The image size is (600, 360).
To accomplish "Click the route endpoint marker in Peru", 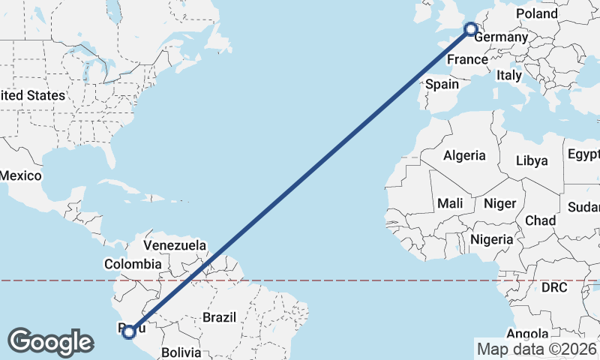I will pyautogui.click(x=129, y=331).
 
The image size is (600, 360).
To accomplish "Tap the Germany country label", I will pyautogui.click(x=502, y=38).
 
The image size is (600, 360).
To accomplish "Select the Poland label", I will pyautogui.click(x=537, y=13).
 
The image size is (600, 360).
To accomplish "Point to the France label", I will pyautogui.click(x=467, y=59).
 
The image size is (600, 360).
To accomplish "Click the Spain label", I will pyautogui.click(x=442, y=84).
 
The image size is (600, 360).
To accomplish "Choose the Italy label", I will pyautogui.click(x=509, y=76).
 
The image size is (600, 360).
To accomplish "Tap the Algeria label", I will pyautogui.click(x=464, y=156).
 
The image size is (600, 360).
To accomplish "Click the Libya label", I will pyautogui.click(x=532, y=160).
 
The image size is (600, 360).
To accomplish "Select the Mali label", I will pyautogui.click(x=450, y=203).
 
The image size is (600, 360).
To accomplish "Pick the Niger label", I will pyautogui.click(x=500, y=203).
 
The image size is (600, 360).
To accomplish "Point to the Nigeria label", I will pyautogui.click(x=492, y=240).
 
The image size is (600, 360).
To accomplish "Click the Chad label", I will pyautogui.click(x=541, y=220).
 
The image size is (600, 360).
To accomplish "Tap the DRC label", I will pyautogui.click(x=555, y=287).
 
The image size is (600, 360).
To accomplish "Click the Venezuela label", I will pyautogui.click(x=175, y=245).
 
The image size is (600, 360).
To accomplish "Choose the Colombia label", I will pyautogui.click(x=133, y=264).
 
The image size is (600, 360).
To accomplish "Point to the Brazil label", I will pyautogui.click(x=219, y=317).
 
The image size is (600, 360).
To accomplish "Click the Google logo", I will pyautogui.click(x=50, y=342).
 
